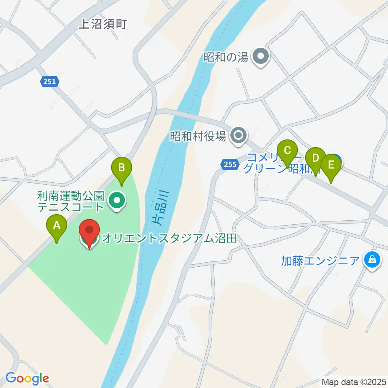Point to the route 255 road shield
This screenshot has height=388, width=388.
click(x=229, y=164)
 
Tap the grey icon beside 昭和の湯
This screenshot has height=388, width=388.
click(x=260, y=56)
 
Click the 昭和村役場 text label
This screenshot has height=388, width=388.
click(x=198, y=136)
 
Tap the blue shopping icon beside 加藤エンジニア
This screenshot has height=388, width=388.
click(x=372, y=259)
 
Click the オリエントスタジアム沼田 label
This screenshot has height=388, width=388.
click(x=169, y=238)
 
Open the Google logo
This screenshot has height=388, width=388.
click(x=27, y=378)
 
